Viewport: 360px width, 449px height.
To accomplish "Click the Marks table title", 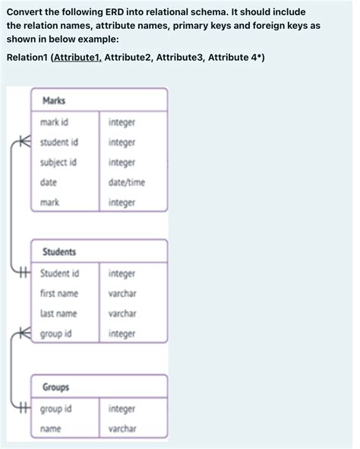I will click(x=54, y=100).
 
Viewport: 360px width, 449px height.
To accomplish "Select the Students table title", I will click(x=59, y=251).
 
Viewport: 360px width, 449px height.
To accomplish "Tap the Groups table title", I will click(x=56, y=387).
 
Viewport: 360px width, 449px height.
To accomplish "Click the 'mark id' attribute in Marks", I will click(x=56, y=122).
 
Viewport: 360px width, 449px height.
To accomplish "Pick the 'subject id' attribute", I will click(x=58, y=162).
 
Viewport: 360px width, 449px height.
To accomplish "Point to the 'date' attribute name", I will click(x=49, y=182).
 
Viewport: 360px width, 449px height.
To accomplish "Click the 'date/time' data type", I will click(x=127, y=182).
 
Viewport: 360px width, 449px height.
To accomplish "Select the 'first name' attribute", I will click(x=59, y=293).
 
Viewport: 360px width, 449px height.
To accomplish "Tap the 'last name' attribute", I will click(x=59, y=313).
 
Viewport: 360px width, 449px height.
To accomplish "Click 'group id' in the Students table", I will click(x=56, y=334).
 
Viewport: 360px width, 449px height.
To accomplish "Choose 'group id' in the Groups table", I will click(x=56, y=409).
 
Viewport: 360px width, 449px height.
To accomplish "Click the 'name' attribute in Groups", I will click(x=51, y=429).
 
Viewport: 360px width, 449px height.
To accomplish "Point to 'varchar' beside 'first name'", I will click(x=122, y=293).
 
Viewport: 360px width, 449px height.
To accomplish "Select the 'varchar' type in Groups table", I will click(x=122, y=429).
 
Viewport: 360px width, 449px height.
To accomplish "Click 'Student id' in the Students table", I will click(x=60, y=273).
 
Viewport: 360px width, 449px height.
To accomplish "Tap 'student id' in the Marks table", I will click(x=59, y=142).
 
